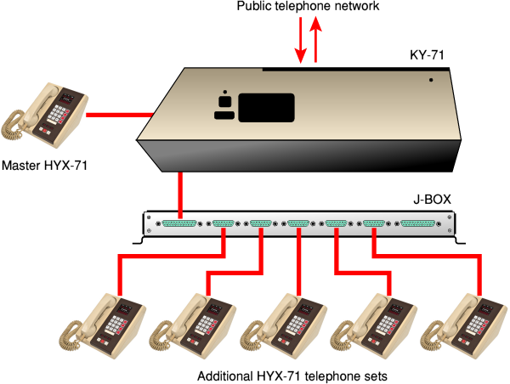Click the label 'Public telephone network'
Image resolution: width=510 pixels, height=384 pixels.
point(309,8)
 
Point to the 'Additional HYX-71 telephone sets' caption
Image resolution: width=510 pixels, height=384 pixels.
point(286,376)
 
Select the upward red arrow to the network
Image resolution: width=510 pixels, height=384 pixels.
point(316,42)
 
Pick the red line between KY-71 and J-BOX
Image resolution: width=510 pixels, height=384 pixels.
point(181,193)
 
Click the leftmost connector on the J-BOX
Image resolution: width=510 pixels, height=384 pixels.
point(178,224)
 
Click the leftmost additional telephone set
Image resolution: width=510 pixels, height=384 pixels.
point(103,322)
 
